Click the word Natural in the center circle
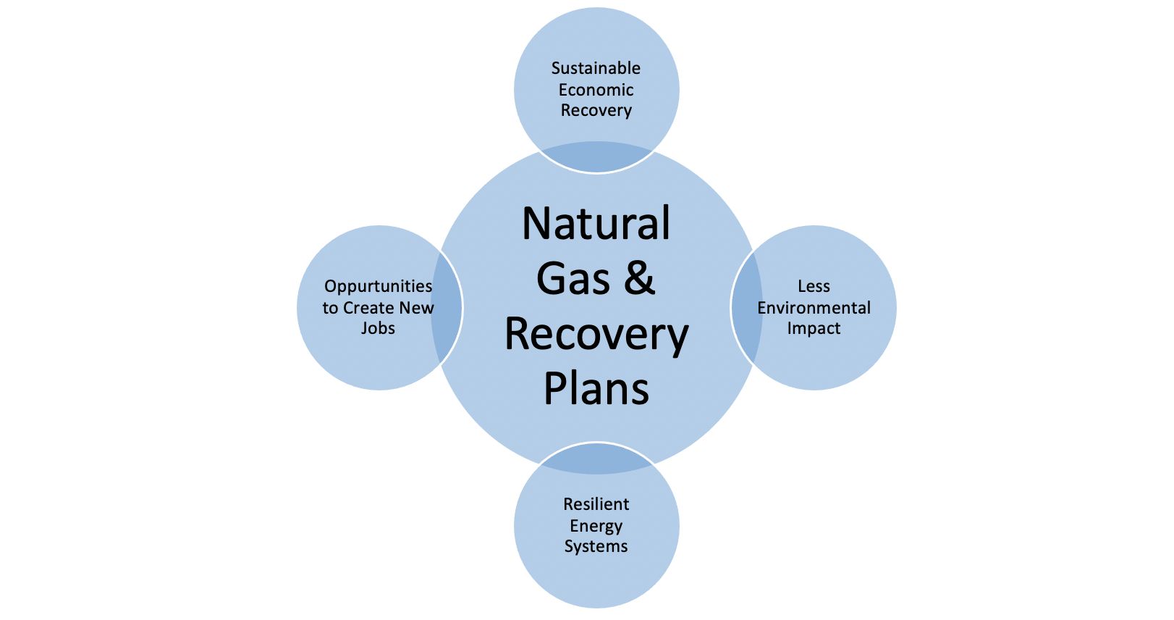pyautogui.click(x=596, y=224)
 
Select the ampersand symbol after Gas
pyautogui.click(x=638, y=279)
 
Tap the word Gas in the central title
pyautogui.click(x=573, y=279)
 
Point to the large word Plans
pyautogui.click(x=596, y=389)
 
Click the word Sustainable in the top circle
pyautogui.click(x=596, y=69)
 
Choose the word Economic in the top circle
pyautogui.click(x=596, y=90)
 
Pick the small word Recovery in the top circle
pyautogui.click(x=596, y=111)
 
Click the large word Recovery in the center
pyautogui.click(x=596, y=335)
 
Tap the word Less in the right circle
pyautogui.click(x=814, y=287)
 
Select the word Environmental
pyautogui.click(x=814, y=308)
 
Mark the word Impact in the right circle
pyautogui.click(x=814, y=329)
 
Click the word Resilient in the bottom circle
pyautogui.click(x=596, y=504)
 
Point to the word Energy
pyautogui.click(x=596, y=526)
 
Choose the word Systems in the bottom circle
pyautogui.click(x=596, y=546)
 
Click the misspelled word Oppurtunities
pyautogui.click(x=378, y=287)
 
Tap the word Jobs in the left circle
pyautogui.click(x=378, y=329)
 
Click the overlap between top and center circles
pyautogui.click(x=596, y=158)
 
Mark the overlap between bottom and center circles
pyautogui.click(x=596, y=458)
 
